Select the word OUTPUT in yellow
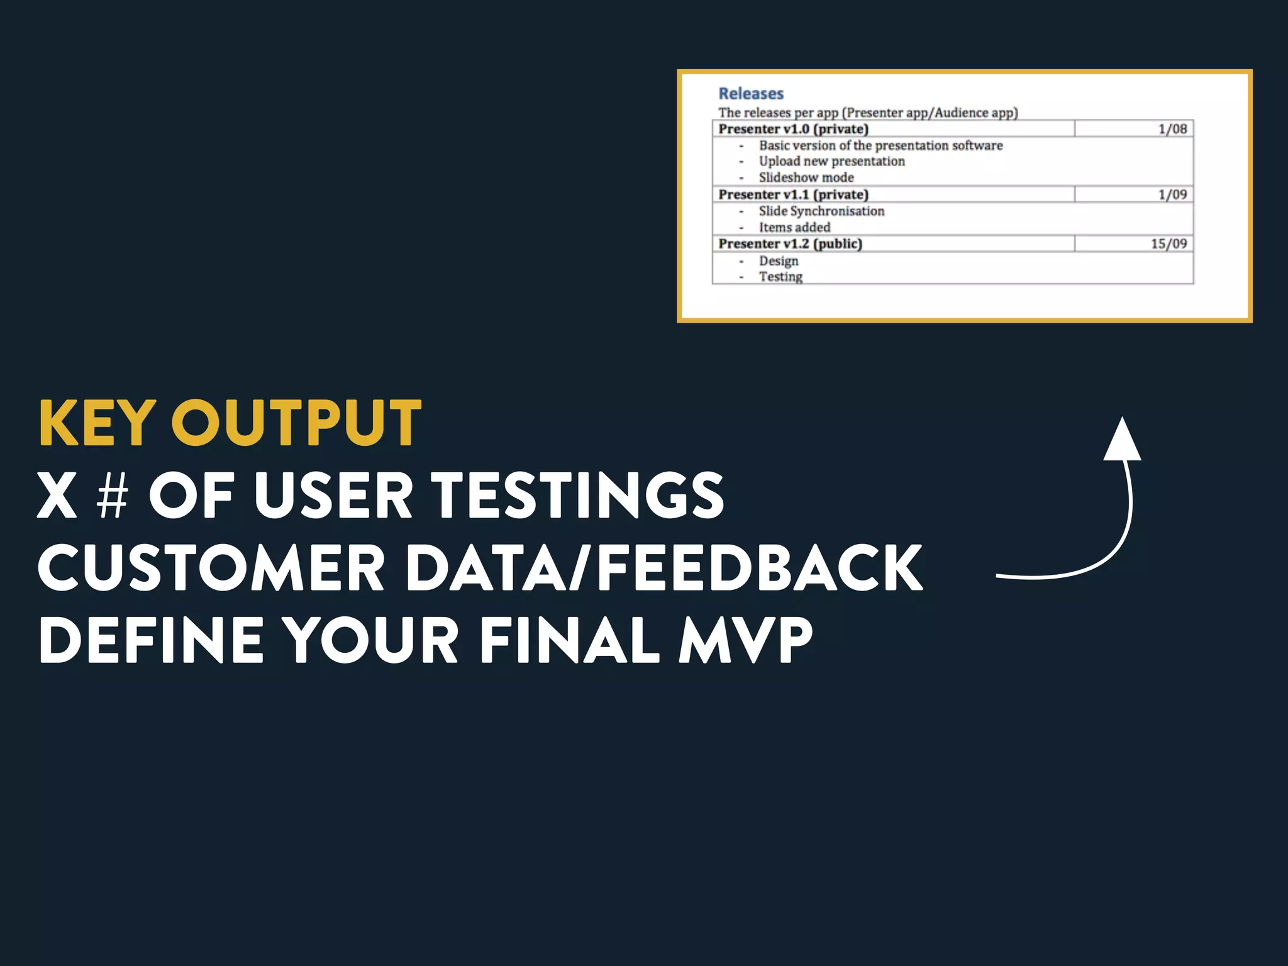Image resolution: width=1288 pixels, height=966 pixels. [x=296, y=423]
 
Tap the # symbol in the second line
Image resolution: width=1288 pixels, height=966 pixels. [x=113, y=496]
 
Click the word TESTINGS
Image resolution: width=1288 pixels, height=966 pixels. [x=579, y=496]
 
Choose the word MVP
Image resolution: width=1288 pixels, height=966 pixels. [x=746, y=640]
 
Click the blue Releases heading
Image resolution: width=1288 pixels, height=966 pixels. [x=751, y=94]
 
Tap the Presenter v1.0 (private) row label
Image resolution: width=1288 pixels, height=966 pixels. [x=793, y=129]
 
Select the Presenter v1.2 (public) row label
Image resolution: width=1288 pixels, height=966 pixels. [x=790, y=244]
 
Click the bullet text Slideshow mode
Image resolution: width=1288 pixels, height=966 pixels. [x=806, y=178]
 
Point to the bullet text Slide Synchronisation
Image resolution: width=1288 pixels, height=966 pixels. [x=821, y=211]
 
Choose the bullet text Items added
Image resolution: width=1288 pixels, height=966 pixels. [x=794, y=228]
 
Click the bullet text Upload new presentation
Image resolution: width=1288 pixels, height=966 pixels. [x=831, y=162]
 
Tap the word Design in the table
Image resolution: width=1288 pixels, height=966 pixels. [x=778, y=261]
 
